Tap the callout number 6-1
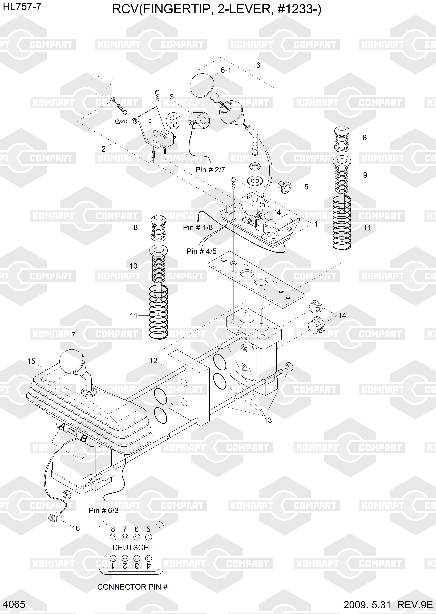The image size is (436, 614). tap(226, 70)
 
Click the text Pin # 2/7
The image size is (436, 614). tap(210, 170)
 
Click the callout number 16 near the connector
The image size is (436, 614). tap(76, 528)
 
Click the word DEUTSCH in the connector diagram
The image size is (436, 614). tap(130, 547)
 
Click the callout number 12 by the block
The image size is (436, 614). tap(153, 361)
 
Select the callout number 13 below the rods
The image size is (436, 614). tap(268, 420)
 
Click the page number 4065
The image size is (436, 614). tap(14, 605)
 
